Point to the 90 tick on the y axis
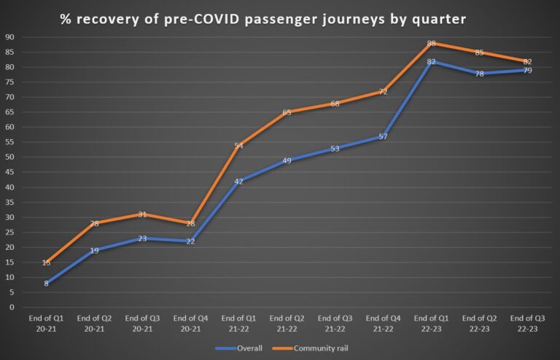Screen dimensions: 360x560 point(9,37)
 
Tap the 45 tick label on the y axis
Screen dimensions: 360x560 point(9,172)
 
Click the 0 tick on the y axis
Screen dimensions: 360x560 point(12,307)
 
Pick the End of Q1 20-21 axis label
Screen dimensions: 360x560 point(46,324)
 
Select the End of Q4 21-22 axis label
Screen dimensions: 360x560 point(383,324)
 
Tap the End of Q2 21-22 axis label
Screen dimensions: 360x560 point(287,324)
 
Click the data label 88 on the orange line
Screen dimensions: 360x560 point(431,43)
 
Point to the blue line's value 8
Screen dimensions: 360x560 point(46,283)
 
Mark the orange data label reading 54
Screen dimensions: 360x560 point(238,146)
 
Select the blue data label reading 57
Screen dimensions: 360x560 point(383,137)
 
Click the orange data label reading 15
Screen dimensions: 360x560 point(46,262)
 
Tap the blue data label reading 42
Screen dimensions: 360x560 point(238,181)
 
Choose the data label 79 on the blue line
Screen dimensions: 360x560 point(527,71)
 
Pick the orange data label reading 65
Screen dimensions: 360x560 point(287,112)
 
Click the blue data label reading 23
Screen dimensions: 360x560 point(142,238)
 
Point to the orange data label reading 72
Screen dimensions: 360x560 point(383,92)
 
